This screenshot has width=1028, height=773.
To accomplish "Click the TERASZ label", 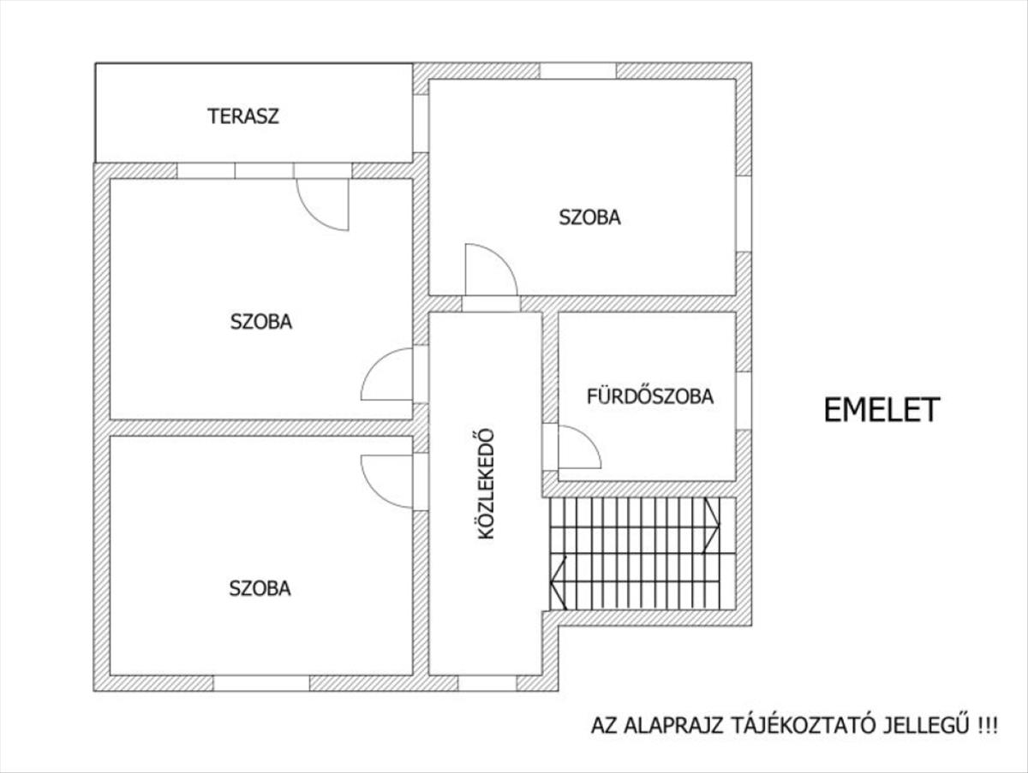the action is [x=243, y=116].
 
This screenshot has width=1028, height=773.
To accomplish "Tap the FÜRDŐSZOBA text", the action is [x=650, y=396].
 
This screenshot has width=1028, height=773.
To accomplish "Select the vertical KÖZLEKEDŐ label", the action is [x=486, y=484].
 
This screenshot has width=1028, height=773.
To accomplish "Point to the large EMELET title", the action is [x=882, y=410].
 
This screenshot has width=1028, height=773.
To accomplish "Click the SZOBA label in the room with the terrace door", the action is [x=261, y=322].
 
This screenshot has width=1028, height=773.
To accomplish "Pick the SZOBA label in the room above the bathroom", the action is [x=589, y=217].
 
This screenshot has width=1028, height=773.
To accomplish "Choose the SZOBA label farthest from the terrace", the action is [x=260, y=589].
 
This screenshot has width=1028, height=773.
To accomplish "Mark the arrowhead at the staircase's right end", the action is [x=711, y=526].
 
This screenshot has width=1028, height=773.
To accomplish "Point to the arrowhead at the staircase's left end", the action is [x=559, y=583].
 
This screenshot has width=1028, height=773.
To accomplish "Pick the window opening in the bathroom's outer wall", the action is [x=744, y=401].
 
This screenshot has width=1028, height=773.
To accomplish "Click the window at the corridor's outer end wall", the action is [x=487, y=683].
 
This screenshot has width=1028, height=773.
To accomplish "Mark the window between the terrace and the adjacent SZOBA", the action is [x=421, y=123].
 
